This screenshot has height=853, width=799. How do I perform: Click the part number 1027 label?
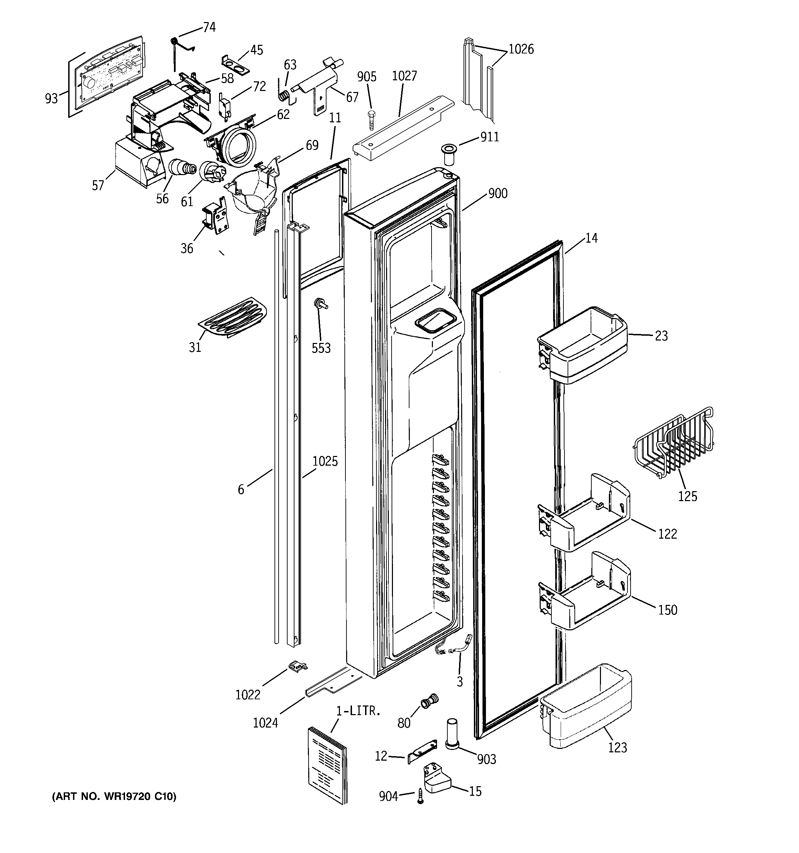tap(404, 76)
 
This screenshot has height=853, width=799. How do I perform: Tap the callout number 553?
tap(321, 348)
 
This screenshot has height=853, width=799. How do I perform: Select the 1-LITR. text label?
tap(358, 711)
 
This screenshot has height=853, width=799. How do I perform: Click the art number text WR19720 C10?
tap(114, 797)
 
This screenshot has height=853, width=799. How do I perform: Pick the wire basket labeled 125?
tap(673, 442)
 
